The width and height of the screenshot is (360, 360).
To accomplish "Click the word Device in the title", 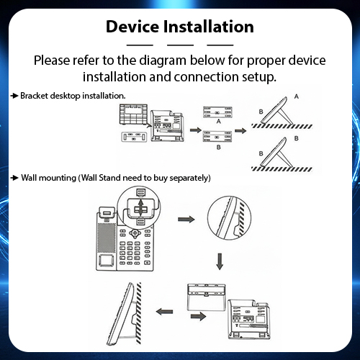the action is click(132, 27).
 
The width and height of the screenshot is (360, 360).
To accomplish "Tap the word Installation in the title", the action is click(208, 27).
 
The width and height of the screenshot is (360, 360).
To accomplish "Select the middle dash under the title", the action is click(180, 45).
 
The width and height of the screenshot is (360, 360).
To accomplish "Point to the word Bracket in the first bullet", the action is click(34, 96).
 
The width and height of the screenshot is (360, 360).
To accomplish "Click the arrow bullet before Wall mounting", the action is click(14, 178).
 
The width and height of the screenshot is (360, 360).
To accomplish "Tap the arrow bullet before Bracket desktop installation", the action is click(14, 96).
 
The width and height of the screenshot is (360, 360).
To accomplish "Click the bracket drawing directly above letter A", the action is click(217, 112).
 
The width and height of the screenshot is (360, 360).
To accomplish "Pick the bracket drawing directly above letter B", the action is click(217, 136).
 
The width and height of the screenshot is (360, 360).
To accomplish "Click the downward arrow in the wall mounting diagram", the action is click(220, 261).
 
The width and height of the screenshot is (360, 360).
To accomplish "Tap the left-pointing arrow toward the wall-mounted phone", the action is click(164, 312).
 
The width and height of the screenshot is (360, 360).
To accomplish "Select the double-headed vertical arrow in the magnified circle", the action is click(141, 209).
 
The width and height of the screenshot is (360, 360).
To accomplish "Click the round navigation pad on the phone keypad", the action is click(135, 233).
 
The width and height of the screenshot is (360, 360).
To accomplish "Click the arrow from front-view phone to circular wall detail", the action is click(186, 219).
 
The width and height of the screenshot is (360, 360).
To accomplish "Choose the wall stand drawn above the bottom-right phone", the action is click(207, 297).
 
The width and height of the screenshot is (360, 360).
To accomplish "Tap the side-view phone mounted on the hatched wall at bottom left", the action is click(121, 313).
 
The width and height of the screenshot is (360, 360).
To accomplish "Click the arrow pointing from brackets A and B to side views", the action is click(240, 130).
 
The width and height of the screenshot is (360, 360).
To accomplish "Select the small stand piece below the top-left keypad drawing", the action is click(134, 137).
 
